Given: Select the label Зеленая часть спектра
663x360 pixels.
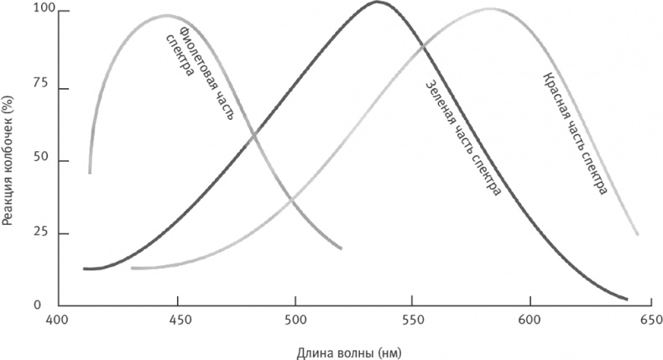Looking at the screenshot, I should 463,138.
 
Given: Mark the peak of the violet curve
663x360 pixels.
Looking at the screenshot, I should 165,15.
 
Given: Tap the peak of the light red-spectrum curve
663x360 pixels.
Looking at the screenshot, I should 490,9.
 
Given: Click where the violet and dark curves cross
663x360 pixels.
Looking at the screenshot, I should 253,133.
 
